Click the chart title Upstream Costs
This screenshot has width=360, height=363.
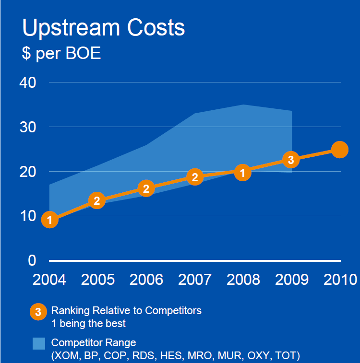click(x=103, y=28)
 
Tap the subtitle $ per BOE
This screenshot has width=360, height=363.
click(x=61, y=53)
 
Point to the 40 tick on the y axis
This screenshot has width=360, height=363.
click(x=28, y=82)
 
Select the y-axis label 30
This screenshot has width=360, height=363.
click(x=28, y=127)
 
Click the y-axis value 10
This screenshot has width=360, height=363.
click(x=28, y=216)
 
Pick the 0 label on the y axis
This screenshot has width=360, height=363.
click(x=32, y=260)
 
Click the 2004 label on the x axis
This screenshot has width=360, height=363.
click(x=49, y=280)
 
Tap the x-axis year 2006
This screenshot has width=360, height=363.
click(x=146, y=280)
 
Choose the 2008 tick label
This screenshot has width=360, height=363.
click(x=243, y=280)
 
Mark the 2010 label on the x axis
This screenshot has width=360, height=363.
click(x=340, y=280)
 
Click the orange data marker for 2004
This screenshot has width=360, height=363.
click(x=49, y=220)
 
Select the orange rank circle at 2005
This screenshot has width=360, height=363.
click(x=97, y=200)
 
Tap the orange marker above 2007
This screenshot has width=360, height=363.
click(x=194, y=177)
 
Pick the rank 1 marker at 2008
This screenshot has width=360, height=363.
click(x=243, y=172)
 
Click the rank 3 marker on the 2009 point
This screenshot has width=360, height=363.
click(x=291, y=159)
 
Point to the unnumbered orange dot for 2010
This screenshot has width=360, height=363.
click(x=339, y=150)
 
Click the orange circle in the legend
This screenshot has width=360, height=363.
click(x=38, y=311)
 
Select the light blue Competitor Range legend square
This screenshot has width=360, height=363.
click(x=39, y=343)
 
